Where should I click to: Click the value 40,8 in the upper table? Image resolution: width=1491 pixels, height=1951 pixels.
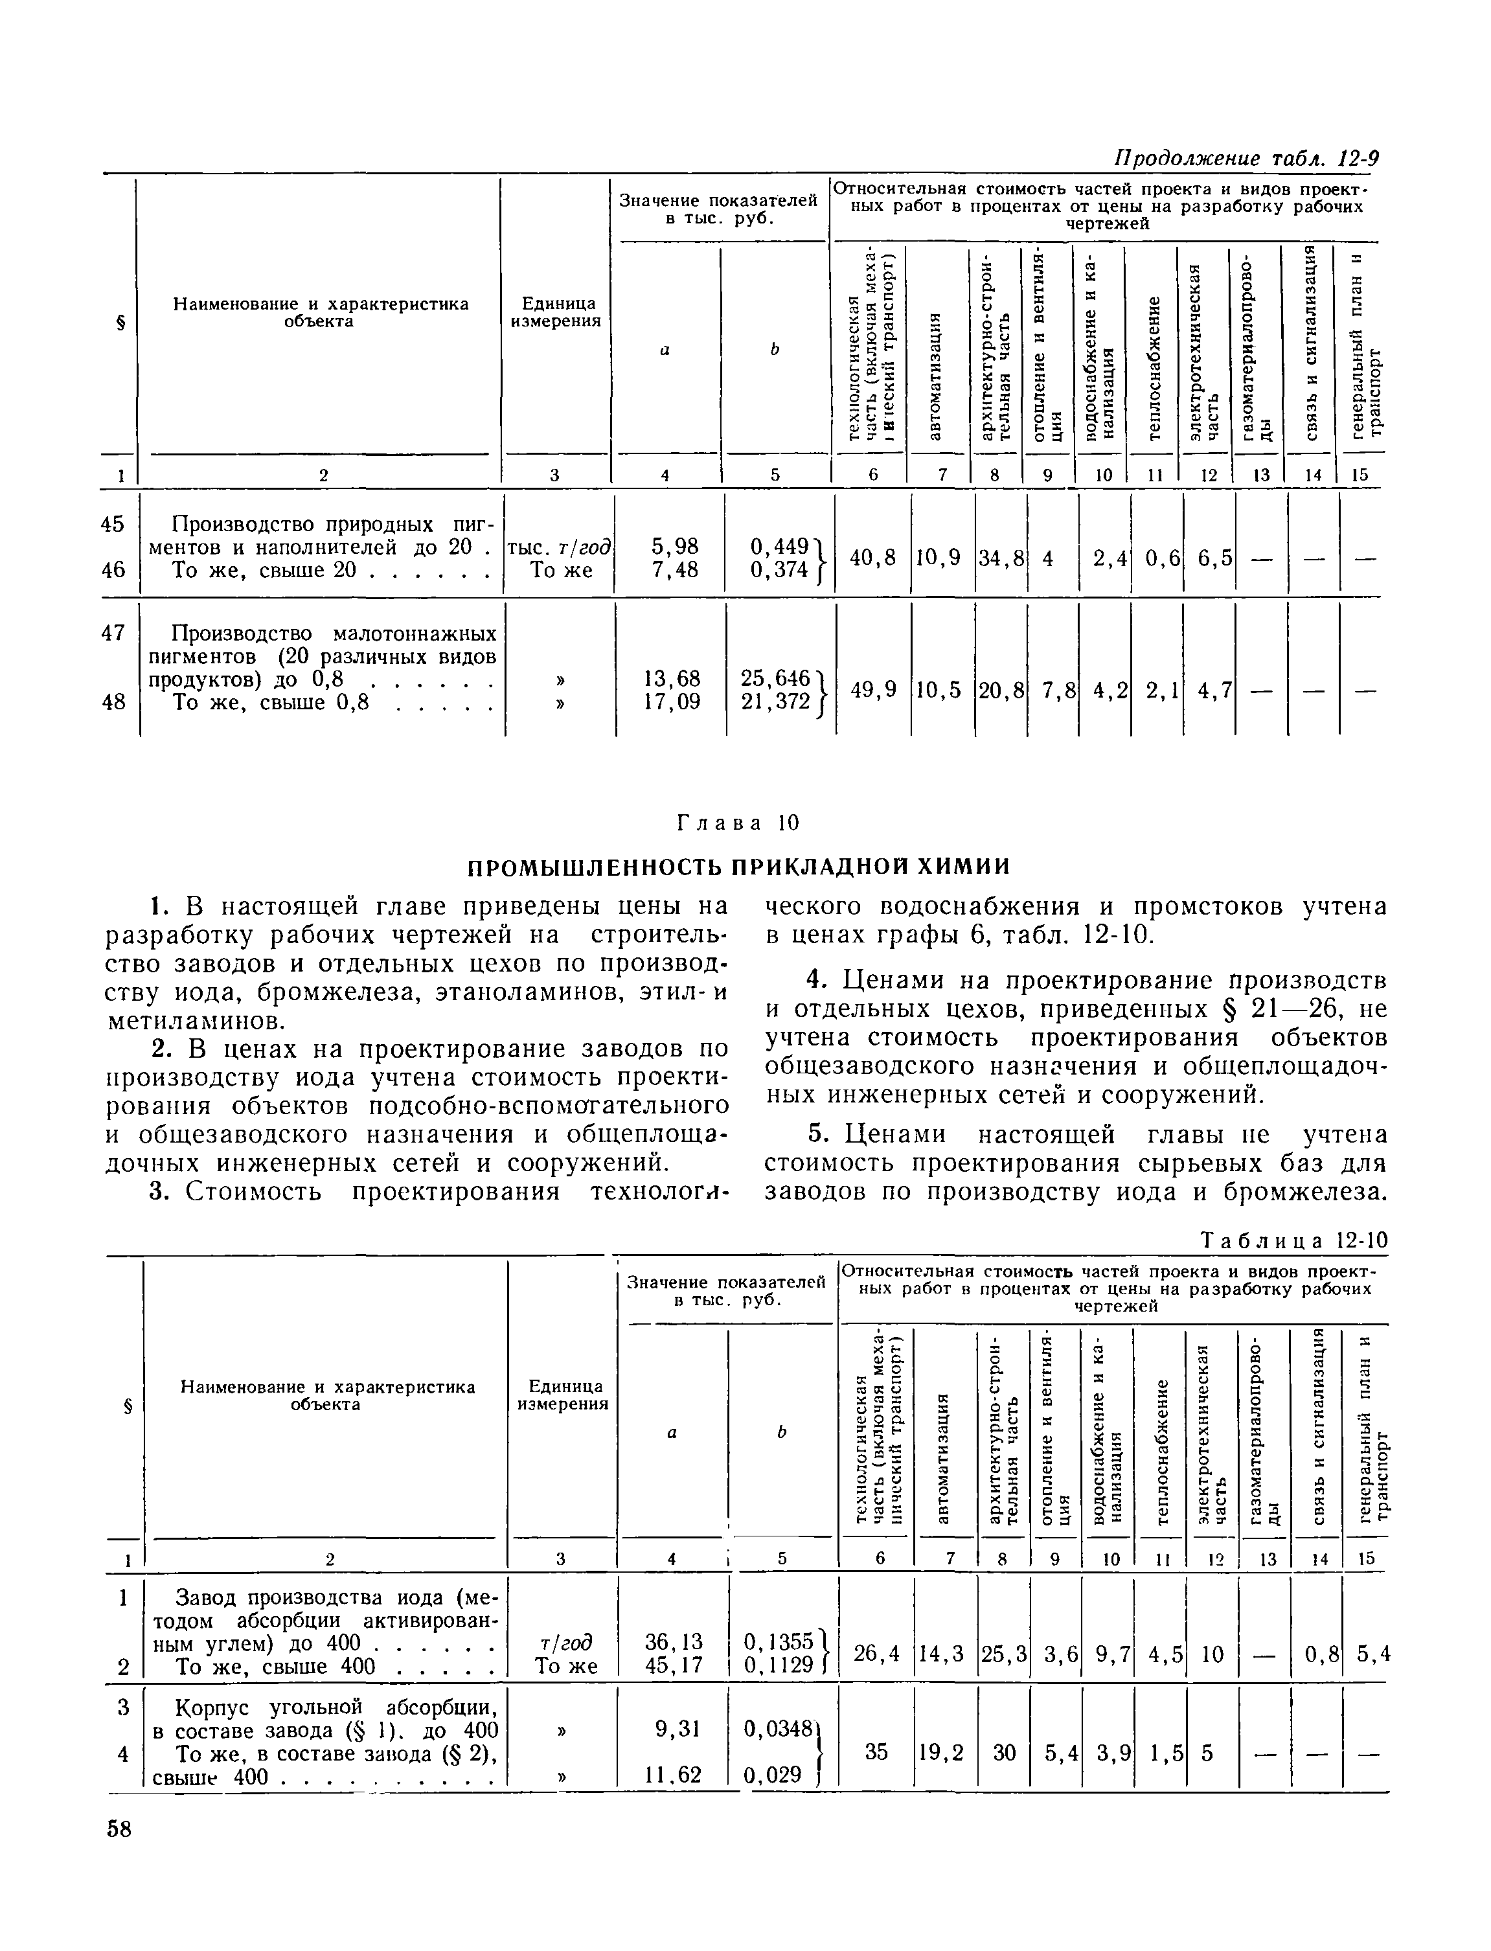click(872, 558)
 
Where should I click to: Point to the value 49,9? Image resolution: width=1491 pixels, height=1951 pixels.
click(872, 690)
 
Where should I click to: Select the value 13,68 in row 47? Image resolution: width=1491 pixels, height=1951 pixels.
click(672, 678)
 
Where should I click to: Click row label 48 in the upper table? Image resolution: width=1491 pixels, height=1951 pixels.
click(113, 702)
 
